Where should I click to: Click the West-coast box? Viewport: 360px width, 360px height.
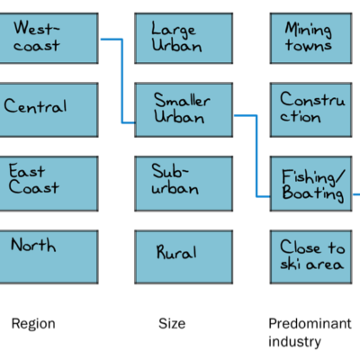pyautogui.click(x=49, y=38)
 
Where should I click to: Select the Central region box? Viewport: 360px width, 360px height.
pyautogui.click(x=49, y=110)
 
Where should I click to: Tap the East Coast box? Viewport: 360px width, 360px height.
pyautogui.click(x=49, y=184)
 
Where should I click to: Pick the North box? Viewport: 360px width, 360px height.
pyautogui.click(x=49, y=256)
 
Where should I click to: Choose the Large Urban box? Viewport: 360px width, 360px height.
pyautogui.click(x=184, y=38)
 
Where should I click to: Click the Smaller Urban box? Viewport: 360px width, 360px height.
pyautogui.click(x=184, y=110)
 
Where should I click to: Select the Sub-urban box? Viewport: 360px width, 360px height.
pyautogui.click(x=184, y=184)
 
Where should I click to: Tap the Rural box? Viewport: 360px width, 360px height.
pyautogui.click(x=184, y=256)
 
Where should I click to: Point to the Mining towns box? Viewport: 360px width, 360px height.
pyautogui.click(x=310, y=38)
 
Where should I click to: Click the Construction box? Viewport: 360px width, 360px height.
pyautogui.click(x=310, y=110)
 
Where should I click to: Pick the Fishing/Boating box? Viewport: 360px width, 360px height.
pyautogui.click(x=310, y=184)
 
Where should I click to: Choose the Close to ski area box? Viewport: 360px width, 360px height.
pyautogui.click(x=310, y=256)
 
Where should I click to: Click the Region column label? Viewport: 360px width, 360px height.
pyautogui.click(x=33, y=324)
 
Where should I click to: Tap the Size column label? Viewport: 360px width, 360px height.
pyautogui.click(x=172, y=323)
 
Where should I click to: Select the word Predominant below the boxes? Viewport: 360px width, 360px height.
pyautogui.click(x=310, y=323)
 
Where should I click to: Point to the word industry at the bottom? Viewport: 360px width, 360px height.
pyautogui.click(x=294, y=341)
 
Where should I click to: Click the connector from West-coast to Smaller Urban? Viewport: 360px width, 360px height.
pyautogui.click(x=122, y=81)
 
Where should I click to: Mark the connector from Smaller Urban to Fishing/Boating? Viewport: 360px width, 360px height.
pyautogui.click(x=256, y=156)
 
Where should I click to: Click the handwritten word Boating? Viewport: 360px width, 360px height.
pyautogui.click(x=312, y=193)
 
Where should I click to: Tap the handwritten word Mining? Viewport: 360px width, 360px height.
pyautogui.click(x=308, y=30)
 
